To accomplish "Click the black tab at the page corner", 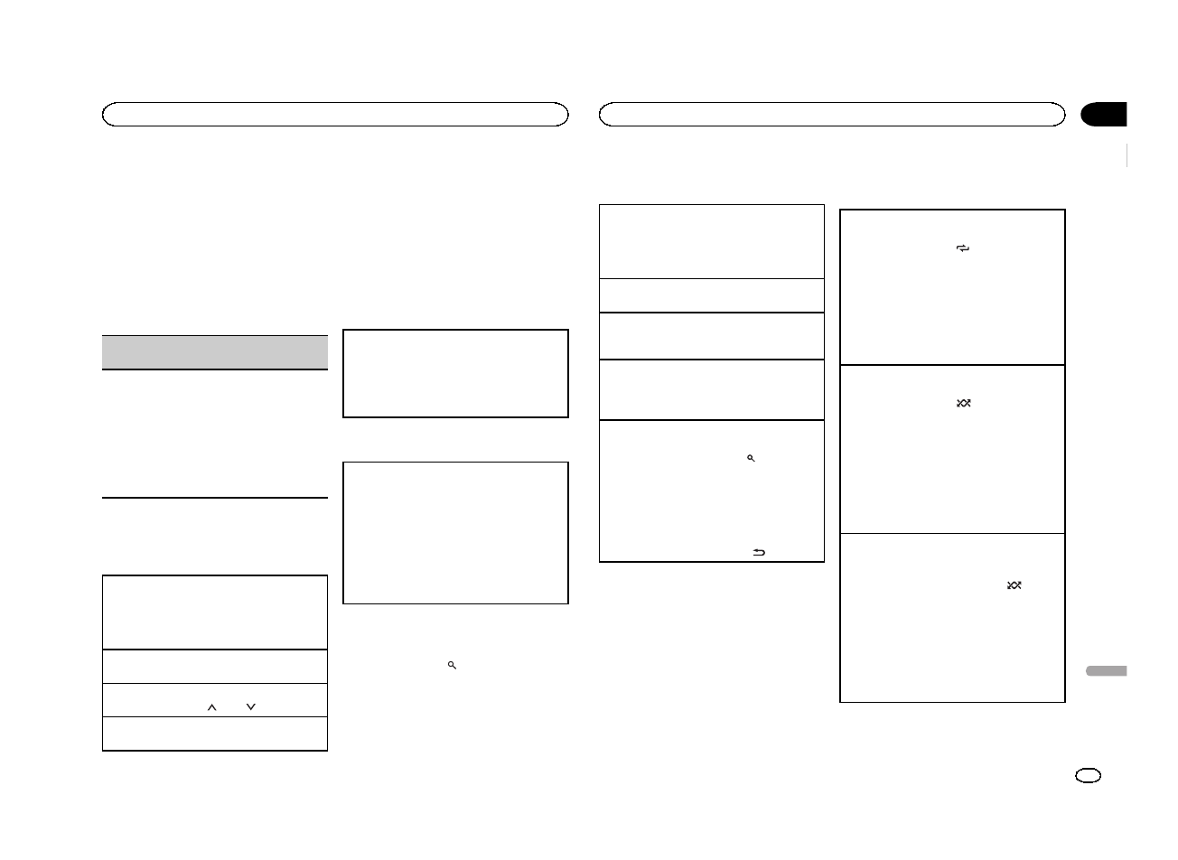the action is click(x=1104, y=115).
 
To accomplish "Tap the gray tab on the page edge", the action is click(x=1104, y=671).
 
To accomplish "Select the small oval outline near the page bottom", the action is click(x=1089, y=776).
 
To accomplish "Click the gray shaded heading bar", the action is click(x=214, y=351).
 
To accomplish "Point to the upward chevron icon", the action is click(x=212, y=707).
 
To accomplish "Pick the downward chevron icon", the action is click(x=250, y=707).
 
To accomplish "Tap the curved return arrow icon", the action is click(x=759, y=552).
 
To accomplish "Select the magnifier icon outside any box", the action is click(x=452, y=665).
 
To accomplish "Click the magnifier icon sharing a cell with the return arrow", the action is click(x=751, y=459).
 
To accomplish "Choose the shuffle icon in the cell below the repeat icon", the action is click(x=963, y=403).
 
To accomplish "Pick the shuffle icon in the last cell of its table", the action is click(x=1014, y=585).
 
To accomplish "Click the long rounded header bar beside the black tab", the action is click(x=832, y=115).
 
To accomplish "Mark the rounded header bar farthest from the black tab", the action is click(x=335, y=115).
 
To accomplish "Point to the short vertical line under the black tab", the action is click(x=1128, y=155).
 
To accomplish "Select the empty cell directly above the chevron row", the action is click(x=214, y=666).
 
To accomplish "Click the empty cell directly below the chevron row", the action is click(x=214, y=734).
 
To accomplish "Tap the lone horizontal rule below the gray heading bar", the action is click(x=214, y=497).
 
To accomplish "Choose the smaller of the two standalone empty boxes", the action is click(x=455, y=373).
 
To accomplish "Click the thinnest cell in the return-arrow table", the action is click(x=712, y=295).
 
